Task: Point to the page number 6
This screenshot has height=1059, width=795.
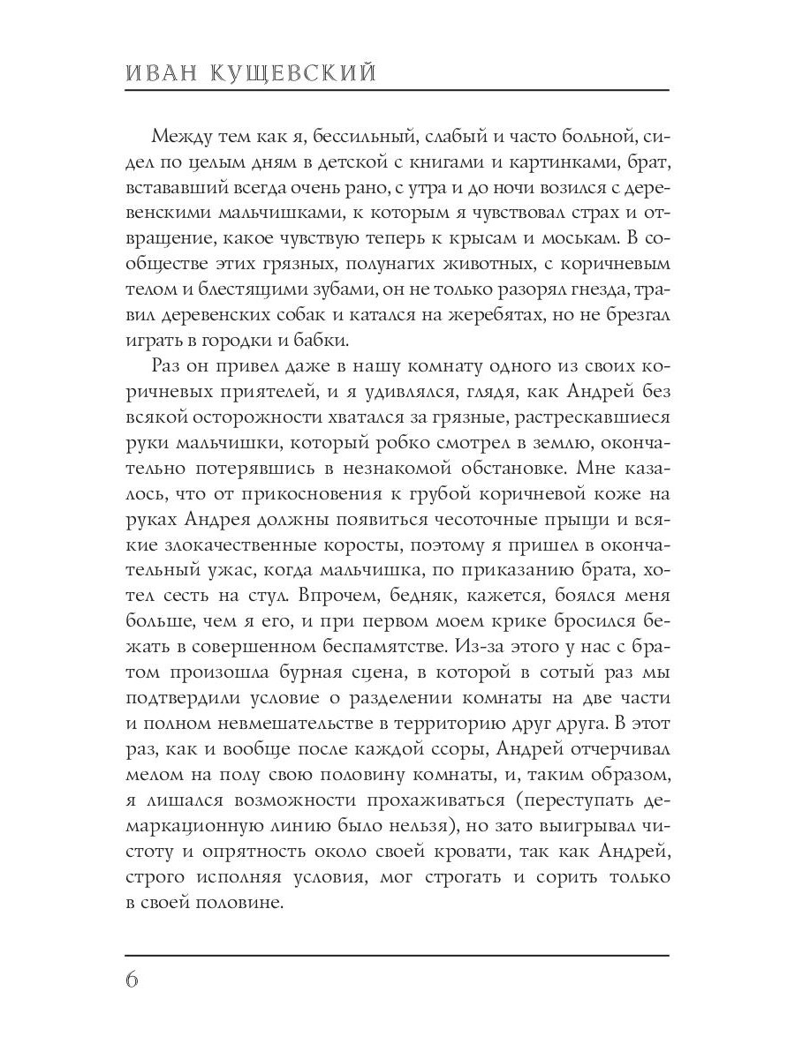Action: pyautogui.click(x=132, y=980)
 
